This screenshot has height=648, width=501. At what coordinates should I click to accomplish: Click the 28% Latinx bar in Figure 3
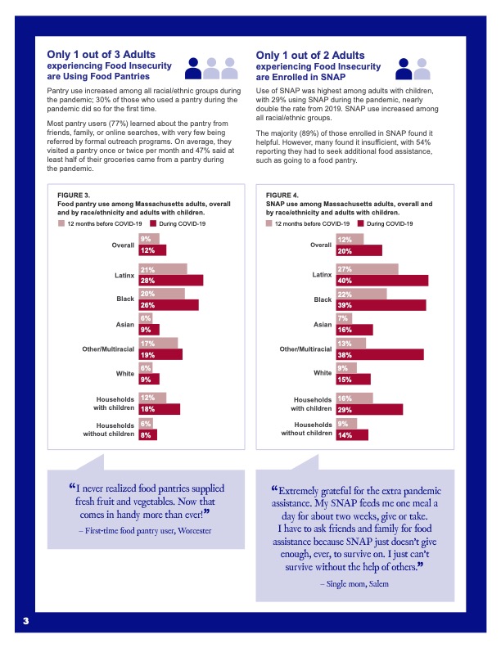click(170, 281)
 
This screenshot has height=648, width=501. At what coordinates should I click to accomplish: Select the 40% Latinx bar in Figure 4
click(381, 281)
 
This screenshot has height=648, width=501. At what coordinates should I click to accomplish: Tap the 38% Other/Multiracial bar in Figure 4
click(380, 355)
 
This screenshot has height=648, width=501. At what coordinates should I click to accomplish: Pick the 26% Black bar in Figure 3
click(168, 305)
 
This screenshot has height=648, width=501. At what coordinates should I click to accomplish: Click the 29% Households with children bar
click(369, 409)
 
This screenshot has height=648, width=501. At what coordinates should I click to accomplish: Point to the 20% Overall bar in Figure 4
click(359, 250)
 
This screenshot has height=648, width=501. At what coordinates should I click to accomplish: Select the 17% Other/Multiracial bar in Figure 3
click(157, 344)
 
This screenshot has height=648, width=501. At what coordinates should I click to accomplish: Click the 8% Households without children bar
click(147, 435)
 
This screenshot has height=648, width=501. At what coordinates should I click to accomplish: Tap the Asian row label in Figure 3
click(124, 324)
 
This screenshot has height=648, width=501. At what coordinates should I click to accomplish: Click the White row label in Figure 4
click(323, 373)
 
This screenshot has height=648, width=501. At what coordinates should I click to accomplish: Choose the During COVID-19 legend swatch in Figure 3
click(144, 223)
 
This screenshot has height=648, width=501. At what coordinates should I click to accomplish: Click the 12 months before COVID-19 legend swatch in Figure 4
click(269, 223)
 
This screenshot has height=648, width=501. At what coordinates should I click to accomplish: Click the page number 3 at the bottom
click(26, 622)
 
